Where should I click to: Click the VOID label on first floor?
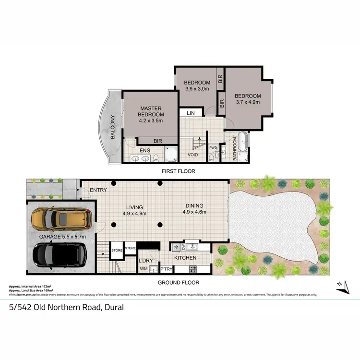click(x=193, y=155)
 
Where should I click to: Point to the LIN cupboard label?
click(x=191, y=113)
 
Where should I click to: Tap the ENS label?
click(x=145, y=151)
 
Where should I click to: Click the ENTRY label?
click(x=98, y=190)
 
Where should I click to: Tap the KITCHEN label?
click(x=185, y=258)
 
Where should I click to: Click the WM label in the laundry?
click(x=144, y=269)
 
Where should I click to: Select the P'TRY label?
click(x=166, y=269)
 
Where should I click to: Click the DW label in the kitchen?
click(x=184, y=247)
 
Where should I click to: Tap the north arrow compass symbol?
click(x=341, y=286)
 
